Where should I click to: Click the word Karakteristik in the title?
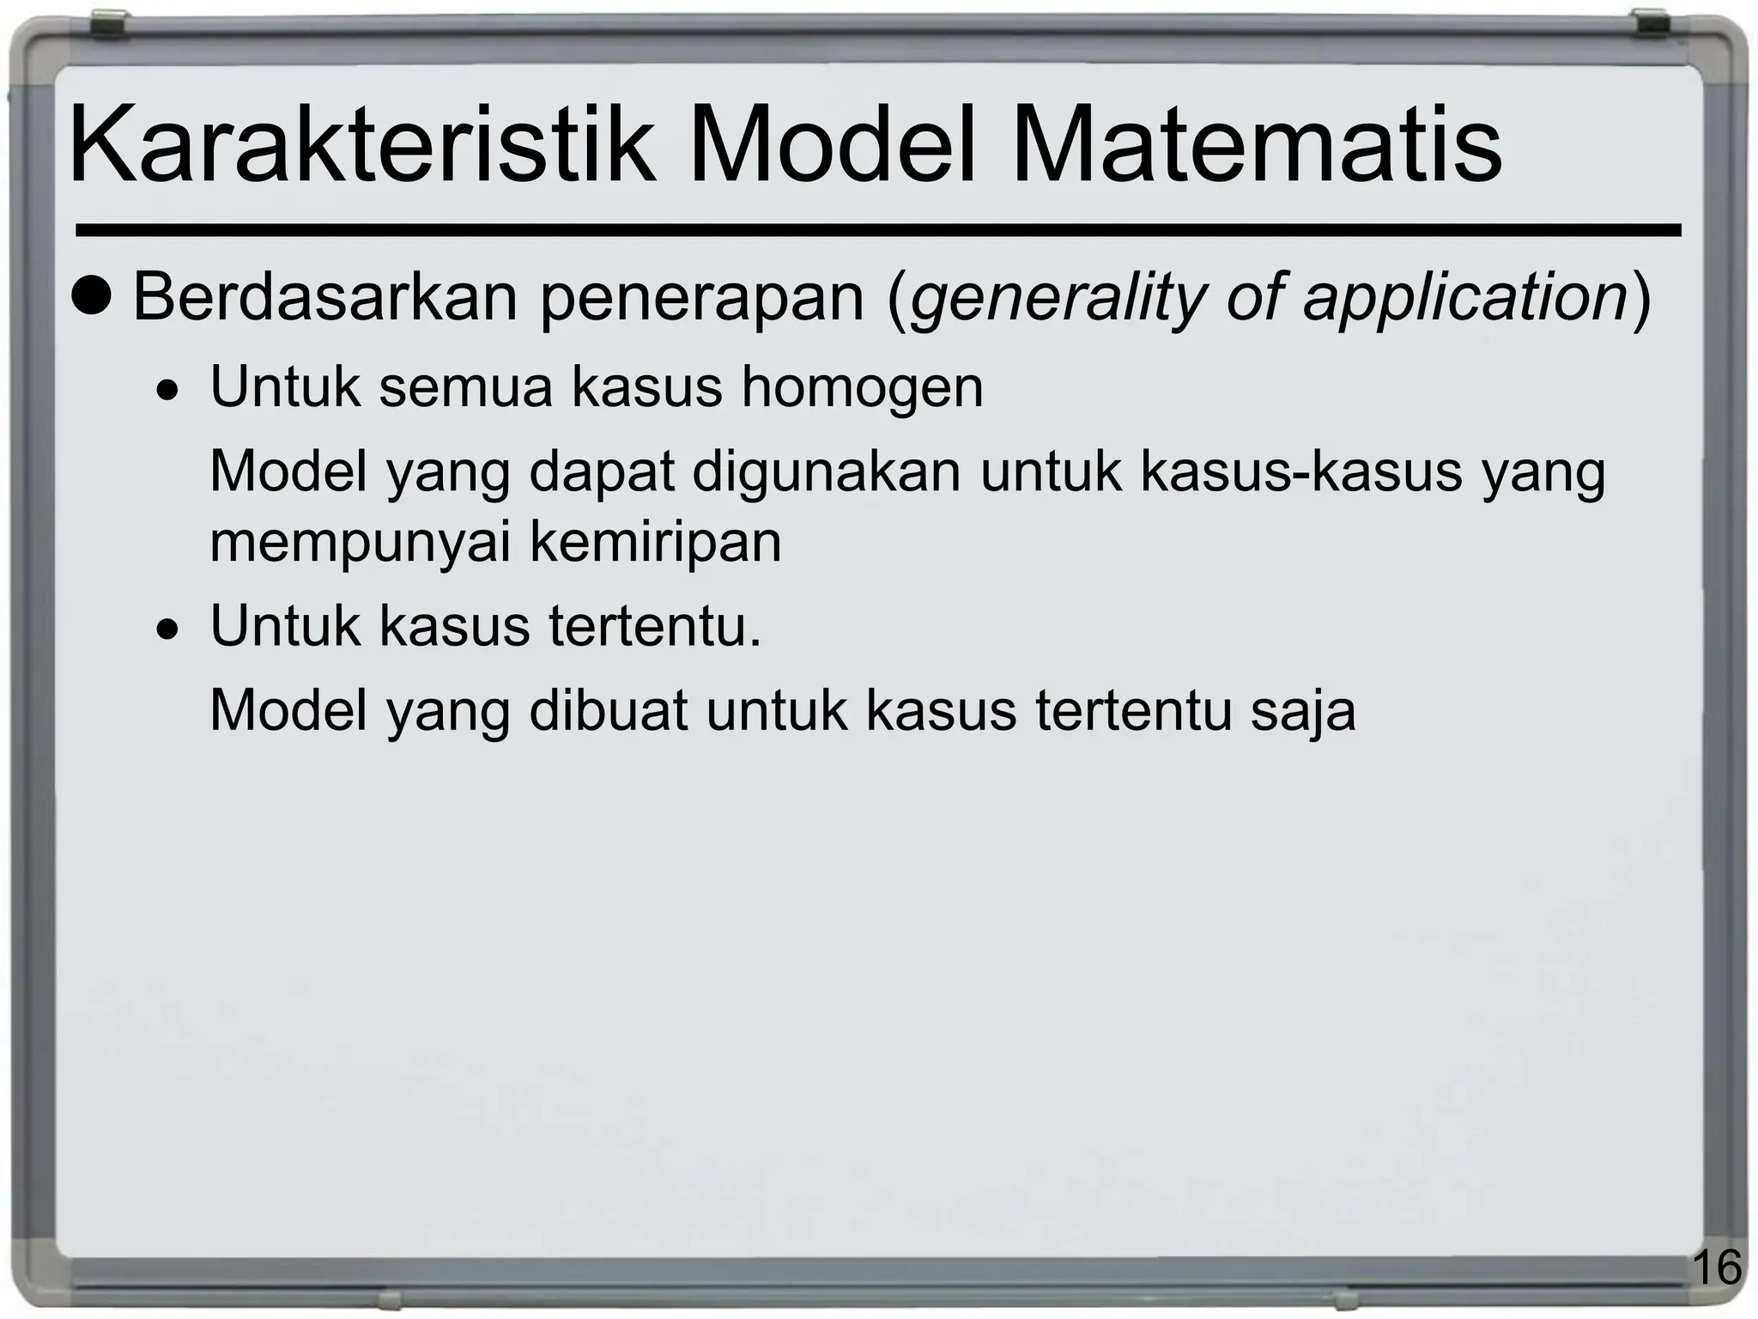coord(361,144)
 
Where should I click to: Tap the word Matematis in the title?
coord(1257,144)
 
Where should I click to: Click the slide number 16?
coord(1718,1267)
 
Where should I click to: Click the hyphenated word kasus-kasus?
coord(1300,471)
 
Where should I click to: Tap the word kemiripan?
coord(656,543)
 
